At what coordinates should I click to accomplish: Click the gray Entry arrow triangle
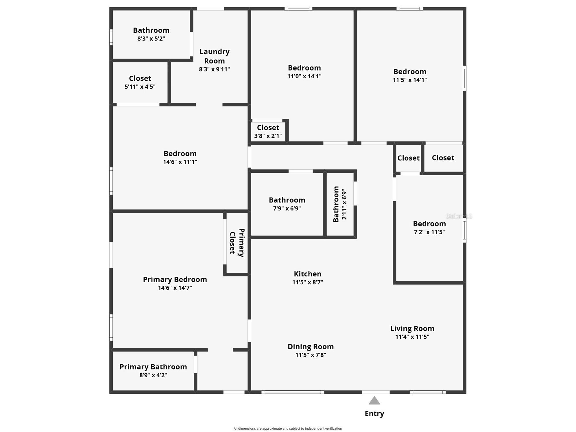click(374, 400)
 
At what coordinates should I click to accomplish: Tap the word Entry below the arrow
click(374, 413)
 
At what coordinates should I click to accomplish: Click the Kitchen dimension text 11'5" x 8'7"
click(307, 282)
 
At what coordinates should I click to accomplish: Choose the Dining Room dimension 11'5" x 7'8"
click(311, 355)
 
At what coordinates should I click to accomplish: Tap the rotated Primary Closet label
click(237, 243)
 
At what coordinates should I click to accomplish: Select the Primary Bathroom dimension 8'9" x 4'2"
click(153, 375)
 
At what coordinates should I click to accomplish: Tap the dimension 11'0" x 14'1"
click(304, 76)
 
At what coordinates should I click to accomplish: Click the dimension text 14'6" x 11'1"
click(180, 162)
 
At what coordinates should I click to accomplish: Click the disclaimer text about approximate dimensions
click(288, 429)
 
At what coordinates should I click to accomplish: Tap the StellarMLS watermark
click(459, 216)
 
